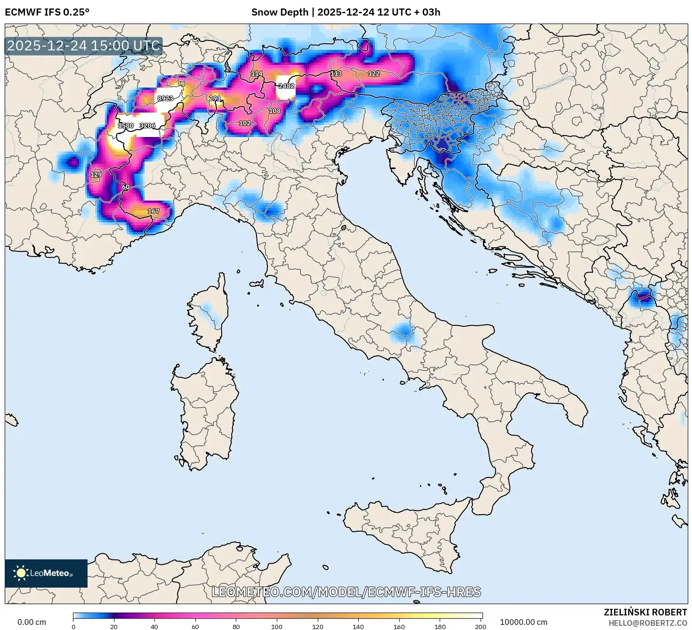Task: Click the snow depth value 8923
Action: point(165,98)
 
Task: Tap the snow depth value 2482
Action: point(286,86)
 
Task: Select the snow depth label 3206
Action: point(147,126)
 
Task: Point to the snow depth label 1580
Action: point(126,126)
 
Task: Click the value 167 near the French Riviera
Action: point(153,211)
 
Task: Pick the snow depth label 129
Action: point(96,175)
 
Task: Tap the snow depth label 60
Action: point(126,187)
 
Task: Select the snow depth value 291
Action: point(215,98)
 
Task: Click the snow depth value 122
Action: point(374,73)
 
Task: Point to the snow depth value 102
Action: point(245,123)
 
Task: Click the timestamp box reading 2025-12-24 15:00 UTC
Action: point(84,46)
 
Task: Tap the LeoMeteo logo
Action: point(46,573)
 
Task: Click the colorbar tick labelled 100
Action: point(277,626)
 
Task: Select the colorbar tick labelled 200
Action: point(480,626)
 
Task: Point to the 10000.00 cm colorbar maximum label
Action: point(523,622)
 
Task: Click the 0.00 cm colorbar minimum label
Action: point(32,622)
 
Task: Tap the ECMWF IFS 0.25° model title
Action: point(47,12)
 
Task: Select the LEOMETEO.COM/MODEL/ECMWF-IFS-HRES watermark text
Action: point(346,592)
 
